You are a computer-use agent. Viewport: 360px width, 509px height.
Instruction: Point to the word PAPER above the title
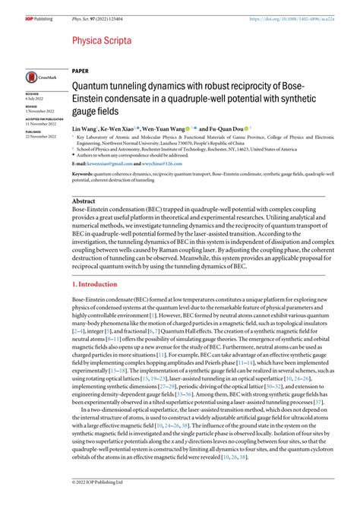click(82, 69)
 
